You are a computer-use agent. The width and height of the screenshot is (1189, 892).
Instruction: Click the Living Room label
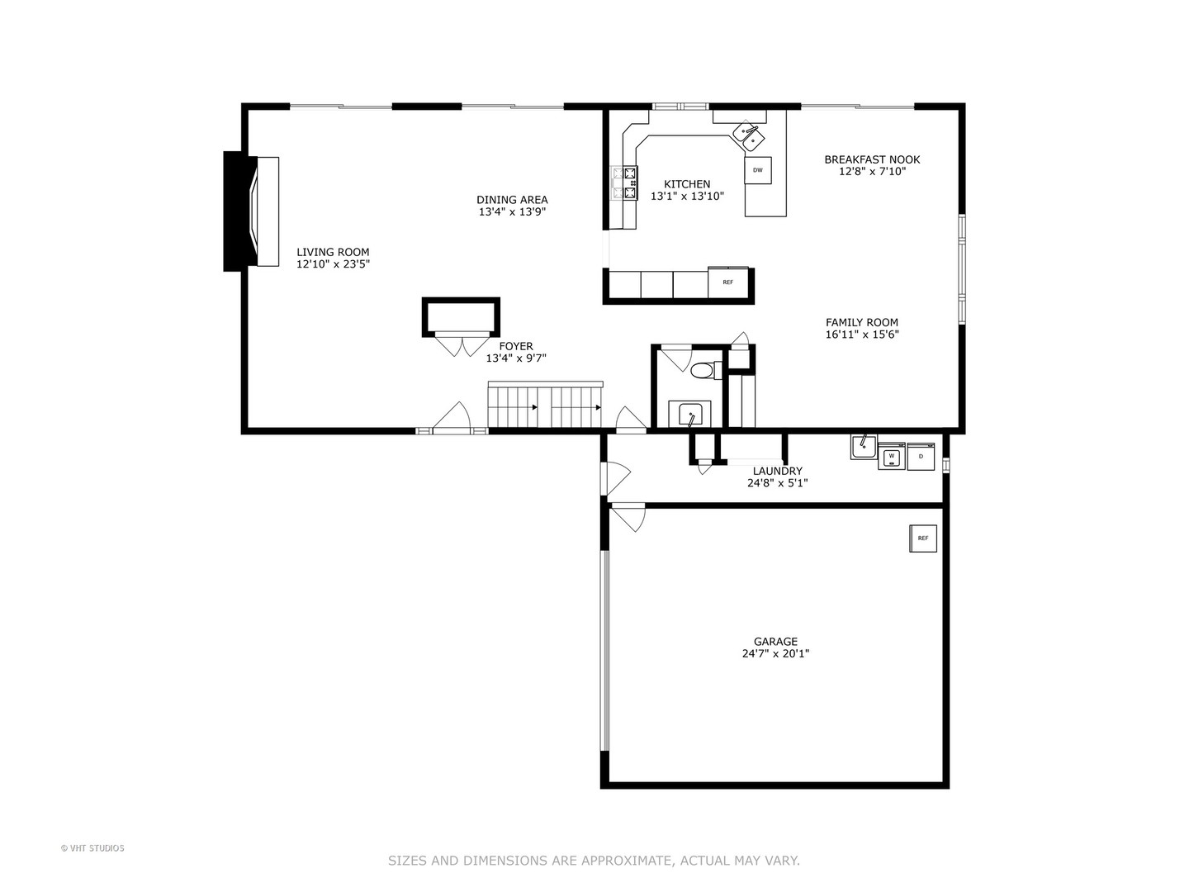pyautogui.click(x=333, y=253)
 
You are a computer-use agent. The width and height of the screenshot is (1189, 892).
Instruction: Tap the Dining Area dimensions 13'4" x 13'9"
pyautogui.click(x=512, y=211)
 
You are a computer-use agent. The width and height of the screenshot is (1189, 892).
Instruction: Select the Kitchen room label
pyautogui.click(x=687, y=184)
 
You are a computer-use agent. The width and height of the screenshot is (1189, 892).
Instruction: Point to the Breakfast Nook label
pyautogui.click(x=872, y=159)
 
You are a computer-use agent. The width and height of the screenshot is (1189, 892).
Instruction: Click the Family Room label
pyautogui.click(x=862, y=323)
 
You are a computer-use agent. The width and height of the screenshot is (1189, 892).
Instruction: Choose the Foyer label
pyautogui.click(x=516, y=347)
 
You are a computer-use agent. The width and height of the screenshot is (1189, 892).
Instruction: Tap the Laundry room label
pyautogui.click(x=777, y=471)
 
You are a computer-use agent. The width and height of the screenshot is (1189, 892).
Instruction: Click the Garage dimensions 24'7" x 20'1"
pyautogui.click(x=775, y=653)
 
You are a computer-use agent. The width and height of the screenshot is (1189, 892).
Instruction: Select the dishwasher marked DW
pyautogui.click(x=757, y=170)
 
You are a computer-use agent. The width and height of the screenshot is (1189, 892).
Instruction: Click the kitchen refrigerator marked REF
pyautogui.click(x=727, y=282)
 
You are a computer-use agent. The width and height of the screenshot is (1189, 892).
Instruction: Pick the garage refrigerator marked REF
pyautogui.click(x=923, y=539)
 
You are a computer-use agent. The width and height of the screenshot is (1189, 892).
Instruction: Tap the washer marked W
pyautogui.click(x=891, y=456)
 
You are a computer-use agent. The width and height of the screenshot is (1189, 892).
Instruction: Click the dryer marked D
pyautogui.click(x=921, y=456)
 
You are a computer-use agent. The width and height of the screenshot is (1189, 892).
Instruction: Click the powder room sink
pyautogui.click(x=689, y=413)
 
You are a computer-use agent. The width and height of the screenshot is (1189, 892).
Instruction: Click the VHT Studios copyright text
pyautogui.click(x=92, y=848)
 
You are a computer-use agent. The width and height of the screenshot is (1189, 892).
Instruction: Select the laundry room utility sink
pyautogui.click(x=864, y=447)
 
